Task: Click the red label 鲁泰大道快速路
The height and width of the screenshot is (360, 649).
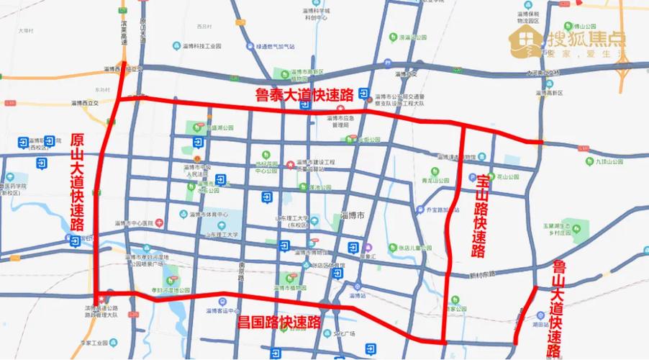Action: point(305,94)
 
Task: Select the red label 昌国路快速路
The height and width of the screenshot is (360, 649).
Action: point(279,322)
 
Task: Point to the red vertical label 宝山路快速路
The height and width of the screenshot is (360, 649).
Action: point(478,216)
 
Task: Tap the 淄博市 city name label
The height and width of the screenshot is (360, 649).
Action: point(352,215)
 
